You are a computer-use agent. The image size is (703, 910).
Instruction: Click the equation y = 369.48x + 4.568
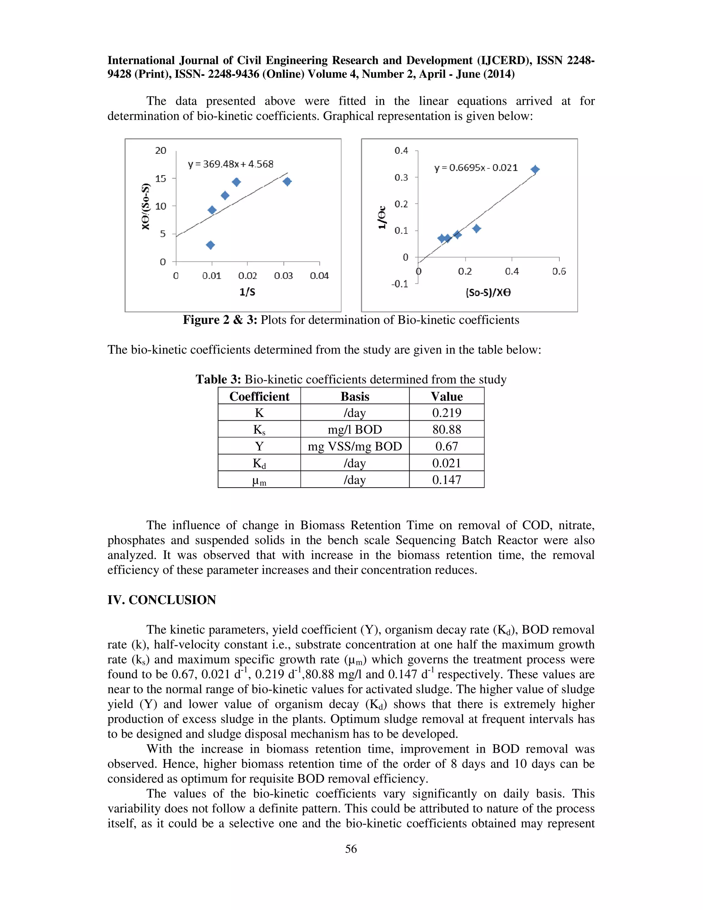point(230,164)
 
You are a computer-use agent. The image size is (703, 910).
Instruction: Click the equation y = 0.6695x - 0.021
point(476,168)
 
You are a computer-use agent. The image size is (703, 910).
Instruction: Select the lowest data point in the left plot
point(210,245)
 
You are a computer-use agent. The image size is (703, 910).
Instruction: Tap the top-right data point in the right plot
point(535,170)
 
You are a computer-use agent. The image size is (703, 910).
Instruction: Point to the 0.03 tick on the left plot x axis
point(283,276)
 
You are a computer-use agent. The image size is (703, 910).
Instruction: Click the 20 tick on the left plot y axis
point(161,150)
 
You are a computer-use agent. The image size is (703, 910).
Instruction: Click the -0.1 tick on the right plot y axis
point(400,284)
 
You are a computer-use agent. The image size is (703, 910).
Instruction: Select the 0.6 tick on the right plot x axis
point(559,272)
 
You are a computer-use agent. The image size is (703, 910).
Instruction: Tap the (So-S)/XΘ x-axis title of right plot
point(488,293)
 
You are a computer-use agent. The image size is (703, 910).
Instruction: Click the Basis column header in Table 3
point(355,396)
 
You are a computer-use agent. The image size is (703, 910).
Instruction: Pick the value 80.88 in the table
point(447,430)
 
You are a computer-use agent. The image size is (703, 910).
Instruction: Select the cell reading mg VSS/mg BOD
point(355,446)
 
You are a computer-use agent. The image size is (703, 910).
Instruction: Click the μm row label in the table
point(259,480)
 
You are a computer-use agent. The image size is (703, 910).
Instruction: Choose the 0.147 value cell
point(447,480)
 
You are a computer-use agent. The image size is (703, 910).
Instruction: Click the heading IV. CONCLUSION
point(162,600)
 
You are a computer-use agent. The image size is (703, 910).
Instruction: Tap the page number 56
point(351,849)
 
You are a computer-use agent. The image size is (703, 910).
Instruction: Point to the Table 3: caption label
point(218,379)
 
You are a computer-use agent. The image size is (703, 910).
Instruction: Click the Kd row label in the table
point(259,463)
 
